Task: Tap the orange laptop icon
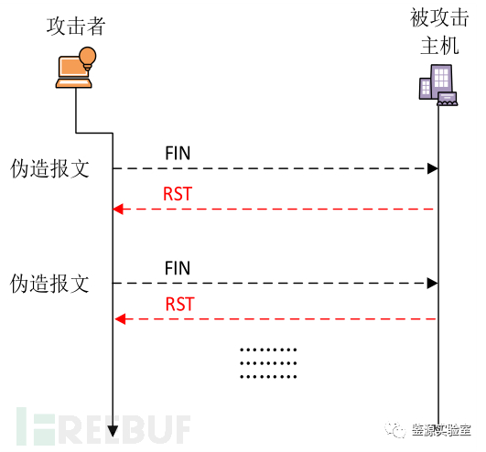(72, 72)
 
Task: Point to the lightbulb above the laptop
(88, 58)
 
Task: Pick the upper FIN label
(178, 153)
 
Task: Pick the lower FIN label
(178, 268)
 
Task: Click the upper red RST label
(178, 193)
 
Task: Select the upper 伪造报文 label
(49, 169)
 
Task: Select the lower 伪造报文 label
(49, 284)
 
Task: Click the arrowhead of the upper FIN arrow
(433, 169)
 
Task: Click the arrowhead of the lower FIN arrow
(433, 284)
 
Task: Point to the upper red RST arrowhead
(117, 210)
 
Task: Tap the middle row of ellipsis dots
(267, 362)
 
